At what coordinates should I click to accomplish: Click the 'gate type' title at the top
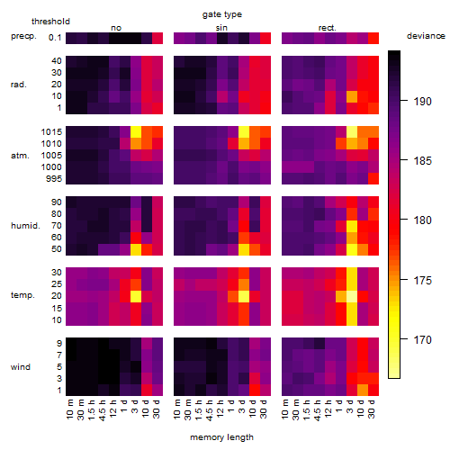click(222, 14)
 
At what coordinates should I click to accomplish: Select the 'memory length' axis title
click(221, 437)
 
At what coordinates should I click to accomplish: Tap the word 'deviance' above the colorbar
click(426, 36)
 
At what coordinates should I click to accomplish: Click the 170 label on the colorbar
click(422, 340)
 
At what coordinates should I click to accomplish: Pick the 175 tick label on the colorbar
click(422, 281)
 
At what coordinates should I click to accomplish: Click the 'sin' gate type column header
click(221, 28)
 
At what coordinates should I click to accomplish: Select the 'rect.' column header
click(327, 28)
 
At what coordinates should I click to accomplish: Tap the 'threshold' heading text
click(50, 22)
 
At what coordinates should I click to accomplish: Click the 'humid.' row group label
click(25, 225)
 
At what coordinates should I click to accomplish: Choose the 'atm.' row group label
click(20, 156)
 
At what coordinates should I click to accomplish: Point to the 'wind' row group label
click(21, 366)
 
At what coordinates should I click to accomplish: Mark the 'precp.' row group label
click(23, 36)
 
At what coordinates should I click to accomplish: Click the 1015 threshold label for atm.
click(51, 131)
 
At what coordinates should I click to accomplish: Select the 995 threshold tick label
click(54, 179)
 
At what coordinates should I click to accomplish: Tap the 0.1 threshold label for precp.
click(55, 38)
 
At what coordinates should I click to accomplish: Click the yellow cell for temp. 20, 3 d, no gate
click(136, 296)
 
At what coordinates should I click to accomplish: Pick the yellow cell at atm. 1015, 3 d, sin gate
click(244, 132)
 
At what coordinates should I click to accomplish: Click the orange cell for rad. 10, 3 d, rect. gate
click(352, 97)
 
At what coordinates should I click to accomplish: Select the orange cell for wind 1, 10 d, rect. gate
click(363, 390)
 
